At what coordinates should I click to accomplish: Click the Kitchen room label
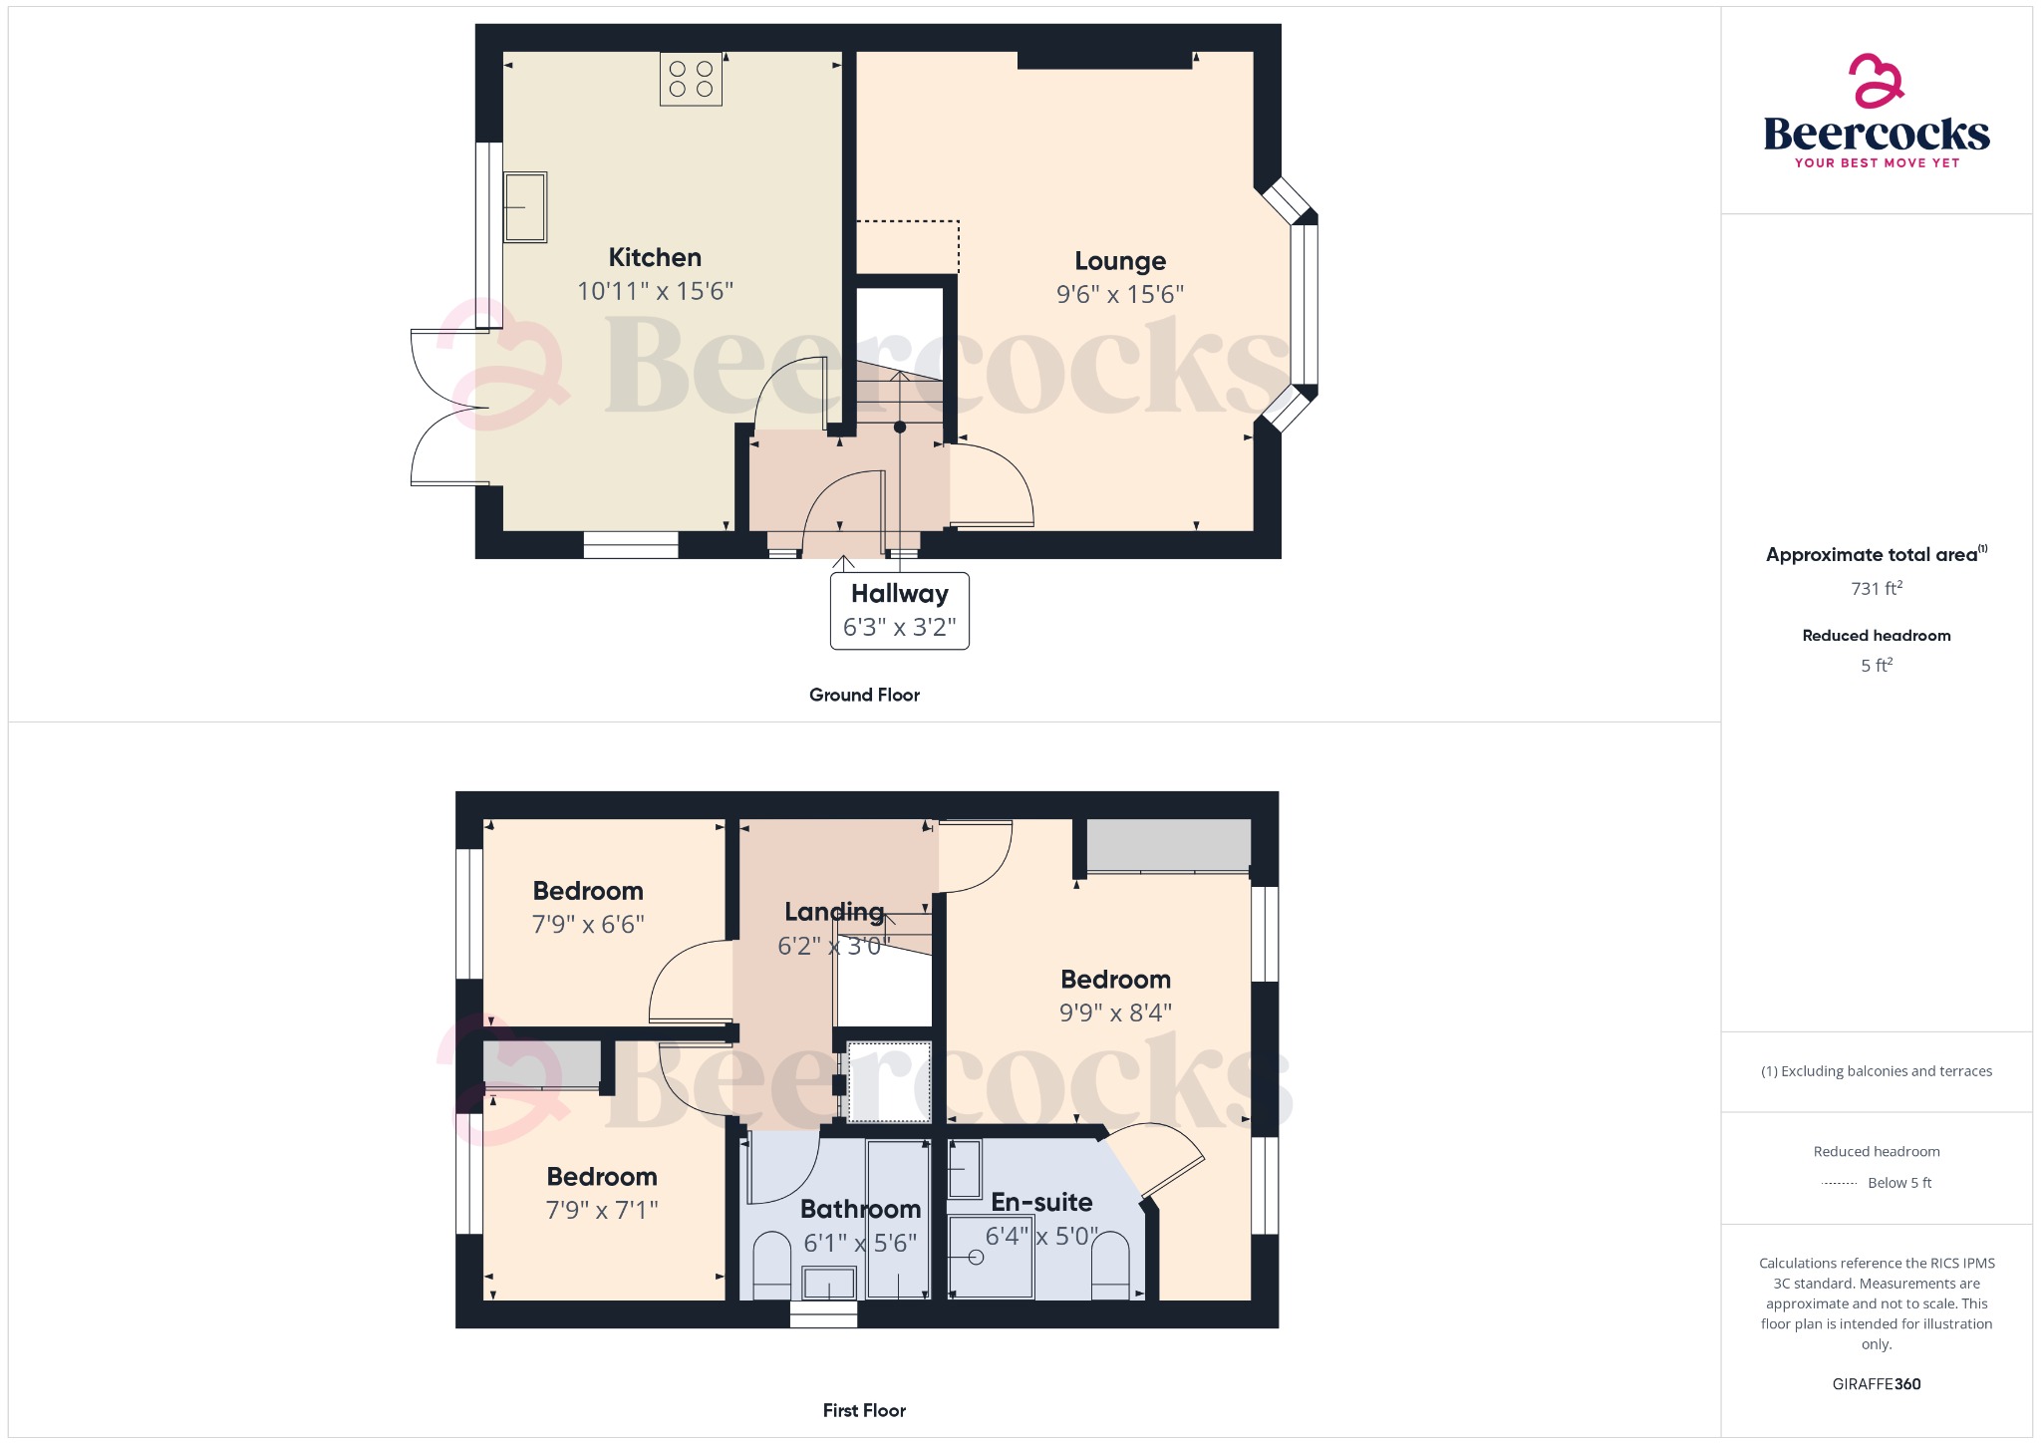pyautogui.click(x=655, y=258)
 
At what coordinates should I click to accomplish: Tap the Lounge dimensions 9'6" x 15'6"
pyautogui.click(x=1120, y=295)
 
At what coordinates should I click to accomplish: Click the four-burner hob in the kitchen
pyautogui.click(x=691, y=79)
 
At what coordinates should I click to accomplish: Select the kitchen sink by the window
pyautogui.click(x=525, y=207)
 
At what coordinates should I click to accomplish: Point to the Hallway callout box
pyautogui.click(x=899, y=610)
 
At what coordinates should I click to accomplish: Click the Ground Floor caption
pyautogui.click(x=864, y=695)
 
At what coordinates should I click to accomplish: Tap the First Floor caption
pyautogui.click(x=864, y=1410)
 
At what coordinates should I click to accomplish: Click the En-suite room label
pyautogui.click(x=1041, y=1203)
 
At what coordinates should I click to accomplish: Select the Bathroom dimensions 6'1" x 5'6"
pyautogui.click(x=860, y=1244)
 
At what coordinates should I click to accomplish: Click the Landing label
pyautogui.click(x=834, y=912)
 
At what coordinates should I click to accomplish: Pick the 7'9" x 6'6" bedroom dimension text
pyautogui.click(x=588, y=925)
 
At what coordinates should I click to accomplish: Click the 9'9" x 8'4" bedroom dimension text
pyautogui.click(x=1115, y=1013)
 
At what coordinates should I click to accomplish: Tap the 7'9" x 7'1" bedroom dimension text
pyautogui.click(x=602, y=1211)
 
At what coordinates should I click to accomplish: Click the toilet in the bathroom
pyautogui.click(x=771, y=1267)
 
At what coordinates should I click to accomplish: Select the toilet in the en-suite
pyautogui.click(x=1110, y=1266)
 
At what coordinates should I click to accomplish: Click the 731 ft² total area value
pyautogui.click(x=1877, y=589)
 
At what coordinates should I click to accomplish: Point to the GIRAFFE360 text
pyautogui.click(x=1877, y=1384)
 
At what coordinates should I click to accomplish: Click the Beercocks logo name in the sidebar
pyautogui.click(x=1877, y=135)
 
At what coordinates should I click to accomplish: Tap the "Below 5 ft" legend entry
pyautogui.click(x=1898, y=1183)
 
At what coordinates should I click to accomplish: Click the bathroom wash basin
pyautogui.click(x=829, y=1283)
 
